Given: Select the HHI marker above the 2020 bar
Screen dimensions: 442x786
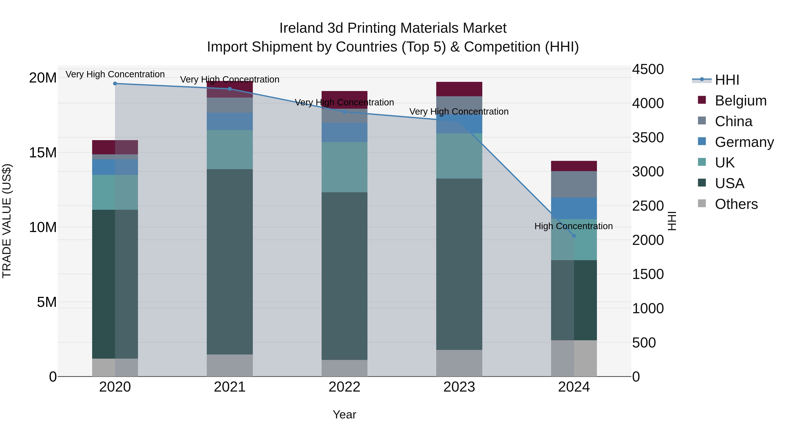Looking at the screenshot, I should (115, 84).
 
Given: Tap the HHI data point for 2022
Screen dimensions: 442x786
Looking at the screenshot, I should (345, 112).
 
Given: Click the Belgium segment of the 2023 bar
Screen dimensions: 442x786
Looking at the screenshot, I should (459, 89).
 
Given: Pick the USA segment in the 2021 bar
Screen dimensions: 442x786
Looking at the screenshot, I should (229, 261).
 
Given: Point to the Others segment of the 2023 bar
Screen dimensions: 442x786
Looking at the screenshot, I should (459, 363).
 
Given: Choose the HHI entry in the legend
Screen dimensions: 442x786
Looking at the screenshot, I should (727, 80).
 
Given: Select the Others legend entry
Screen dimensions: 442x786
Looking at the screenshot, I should (736, 204).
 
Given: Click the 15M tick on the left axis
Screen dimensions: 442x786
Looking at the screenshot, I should (43, 153).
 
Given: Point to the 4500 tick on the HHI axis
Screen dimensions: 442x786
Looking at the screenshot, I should (648, 69).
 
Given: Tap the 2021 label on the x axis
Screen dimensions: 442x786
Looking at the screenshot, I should (229, 387).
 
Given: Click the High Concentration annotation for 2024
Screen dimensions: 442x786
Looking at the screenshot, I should (573, 226).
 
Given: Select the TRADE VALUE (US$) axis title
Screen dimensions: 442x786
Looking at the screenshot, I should (7, 221).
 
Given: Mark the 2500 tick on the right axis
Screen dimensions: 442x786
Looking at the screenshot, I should (648, 206).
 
